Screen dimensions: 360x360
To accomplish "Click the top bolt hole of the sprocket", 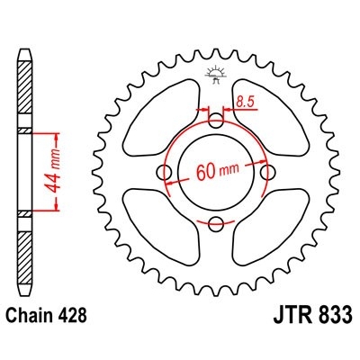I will pos(215,120).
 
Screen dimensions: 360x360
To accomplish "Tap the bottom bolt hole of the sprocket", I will pos(215,222).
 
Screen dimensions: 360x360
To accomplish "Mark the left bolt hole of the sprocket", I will pos(164,171).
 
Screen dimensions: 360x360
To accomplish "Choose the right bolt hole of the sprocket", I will pos(266,171).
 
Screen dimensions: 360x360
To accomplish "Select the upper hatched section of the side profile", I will pos(23,90).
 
